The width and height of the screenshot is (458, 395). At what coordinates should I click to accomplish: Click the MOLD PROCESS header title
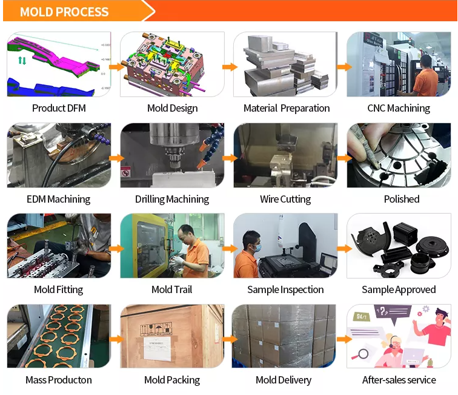tap(64, 12)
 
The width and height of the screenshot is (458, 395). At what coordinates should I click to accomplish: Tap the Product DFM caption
tap(59, 108)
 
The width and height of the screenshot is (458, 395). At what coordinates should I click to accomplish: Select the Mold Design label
tap(172, 108)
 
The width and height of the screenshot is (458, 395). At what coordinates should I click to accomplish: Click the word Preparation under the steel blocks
tap(305, 109)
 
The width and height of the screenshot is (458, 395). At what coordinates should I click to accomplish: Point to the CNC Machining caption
tap(399, 108)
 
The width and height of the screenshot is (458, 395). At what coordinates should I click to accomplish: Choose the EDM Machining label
tap(58, 199)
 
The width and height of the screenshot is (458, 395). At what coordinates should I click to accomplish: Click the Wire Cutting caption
tap(285, 199)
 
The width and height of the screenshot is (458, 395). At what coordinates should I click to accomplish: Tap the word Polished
tap(402, 199)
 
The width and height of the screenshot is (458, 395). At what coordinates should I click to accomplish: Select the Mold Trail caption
tap(172, 289)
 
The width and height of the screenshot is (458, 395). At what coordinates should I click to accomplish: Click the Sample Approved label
tap(399, 290)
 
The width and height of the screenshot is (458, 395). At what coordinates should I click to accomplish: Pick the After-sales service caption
tap(399, 380)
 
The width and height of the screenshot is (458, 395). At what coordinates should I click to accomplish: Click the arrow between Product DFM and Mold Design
tap(116, 67)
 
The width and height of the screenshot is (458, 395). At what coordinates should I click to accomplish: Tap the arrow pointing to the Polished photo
tap(344, 158)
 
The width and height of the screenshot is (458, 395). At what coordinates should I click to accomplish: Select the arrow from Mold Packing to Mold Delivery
tap(230, 339)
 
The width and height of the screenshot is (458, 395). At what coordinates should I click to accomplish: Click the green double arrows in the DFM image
tap(22, 61)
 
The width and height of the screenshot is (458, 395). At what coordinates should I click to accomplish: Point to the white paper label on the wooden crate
tap(158, 348)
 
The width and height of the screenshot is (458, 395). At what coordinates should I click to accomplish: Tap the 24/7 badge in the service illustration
tap(362, 317)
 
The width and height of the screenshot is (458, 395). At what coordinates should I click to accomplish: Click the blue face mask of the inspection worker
tap(257, 248)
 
